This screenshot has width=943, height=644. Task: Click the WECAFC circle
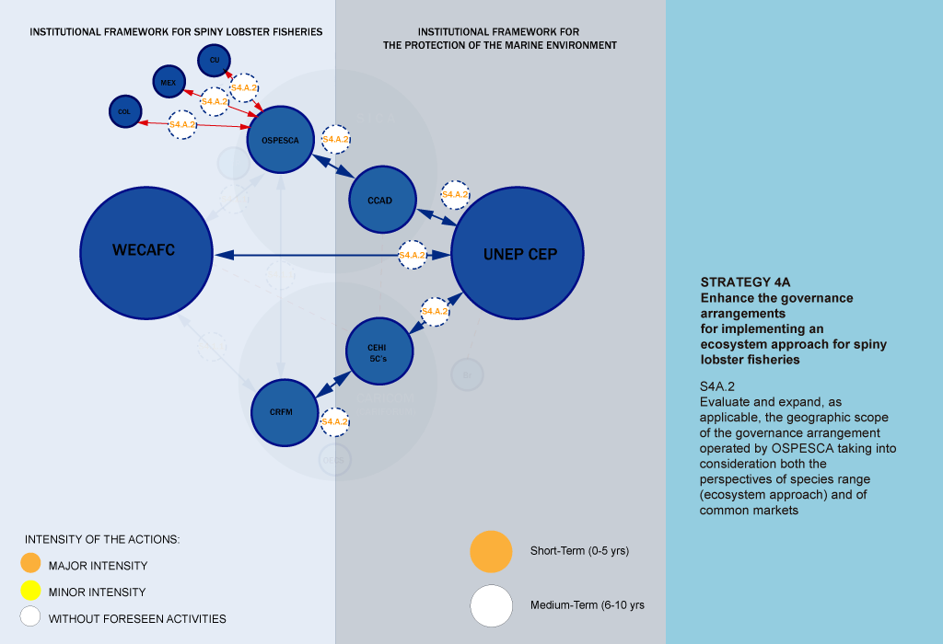coord(145,251)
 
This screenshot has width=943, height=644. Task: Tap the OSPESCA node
coord(281,141)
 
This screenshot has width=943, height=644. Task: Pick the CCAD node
coord(383,199)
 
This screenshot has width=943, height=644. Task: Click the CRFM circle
coord(285,412)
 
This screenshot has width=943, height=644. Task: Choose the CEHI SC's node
coord(378,351)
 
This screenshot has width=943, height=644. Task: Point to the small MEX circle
coord(169,82)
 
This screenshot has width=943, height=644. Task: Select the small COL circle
coord(124,111)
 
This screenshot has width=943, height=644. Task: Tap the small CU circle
coord(214,60)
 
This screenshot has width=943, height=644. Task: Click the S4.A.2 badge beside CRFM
coord(334,421)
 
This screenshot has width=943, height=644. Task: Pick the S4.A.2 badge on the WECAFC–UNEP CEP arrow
coord(412,255)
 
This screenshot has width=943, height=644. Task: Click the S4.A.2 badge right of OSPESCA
coord(335,139)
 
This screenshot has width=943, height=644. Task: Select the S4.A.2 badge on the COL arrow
coord(182,124)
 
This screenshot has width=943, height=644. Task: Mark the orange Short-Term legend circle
coord(491,551)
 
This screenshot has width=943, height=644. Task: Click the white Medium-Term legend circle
coord(491,605)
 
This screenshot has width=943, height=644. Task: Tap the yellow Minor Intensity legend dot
coord(30,591)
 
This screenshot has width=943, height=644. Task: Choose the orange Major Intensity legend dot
coord(30,564)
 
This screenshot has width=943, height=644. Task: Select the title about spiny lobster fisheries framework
coord(176,31)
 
